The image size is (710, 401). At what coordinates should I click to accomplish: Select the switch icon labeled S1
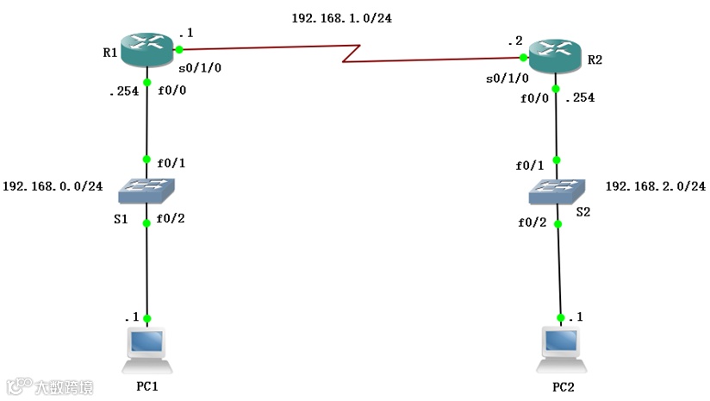[147, 191]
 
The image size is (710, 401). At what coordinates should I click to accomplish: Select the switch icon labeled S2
[557, 191]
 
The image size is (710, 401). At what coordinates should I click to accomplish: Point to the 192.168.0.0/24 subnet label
[53, 185]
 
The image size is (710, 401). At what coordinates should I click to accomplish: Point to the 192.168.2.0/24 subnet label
[656, 186]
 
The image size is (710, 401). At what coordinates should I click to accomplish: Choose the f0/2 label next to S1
[171, 217]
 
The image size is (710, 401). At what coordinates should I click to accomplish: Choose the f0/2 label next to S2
[532, 222]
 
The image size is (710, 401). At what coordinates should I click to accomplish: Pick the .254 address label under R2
[580, 97]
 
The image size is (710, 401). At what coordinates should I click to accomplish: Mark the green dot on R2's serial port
[523, 57]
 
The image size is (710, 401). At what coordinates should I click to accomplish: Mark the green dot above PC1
[147, 318]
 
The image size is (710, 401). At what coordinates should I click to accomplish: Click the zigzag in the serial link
[348, 54]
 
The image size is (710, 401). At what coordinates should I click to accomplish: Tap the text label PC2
[562, 388]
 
